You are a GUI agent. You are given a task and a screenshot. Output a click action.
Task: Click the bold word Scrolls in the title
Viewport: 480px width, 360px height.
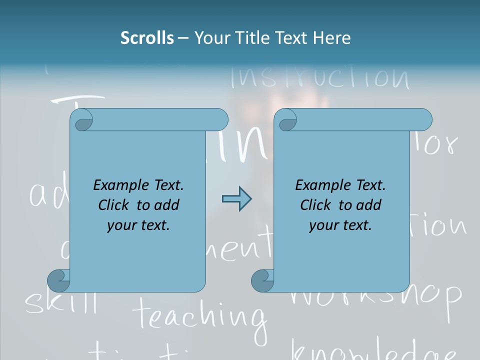(x=147, y=38)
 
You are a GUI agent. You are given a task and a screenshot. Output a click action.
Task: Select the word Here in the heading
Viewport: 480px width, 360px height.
(x=331, y=38)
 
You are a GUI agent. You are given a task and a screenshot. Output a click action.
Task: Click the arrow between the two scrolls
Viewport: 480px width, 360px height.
(x=236, y=199)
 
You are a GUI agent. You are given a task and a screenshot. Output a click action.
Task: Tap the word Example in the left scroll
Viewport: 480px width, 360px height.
(x=116, y=185)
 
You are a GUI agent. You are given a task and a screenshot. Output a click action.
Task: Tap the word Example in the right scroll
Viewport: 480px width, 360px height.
(x=318, y=185)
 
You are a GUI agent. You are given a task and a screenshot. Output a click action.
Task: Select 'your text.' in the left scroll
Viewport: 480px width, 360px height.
(x=138, y=225)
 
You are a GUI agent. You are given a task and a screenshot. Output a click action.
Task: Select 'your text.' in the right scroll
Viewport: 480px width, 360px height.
(x=340, y=225)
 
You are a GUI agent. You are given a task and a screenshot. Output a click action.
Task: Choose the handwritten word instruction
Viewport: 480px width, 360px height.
(x=320, y=77)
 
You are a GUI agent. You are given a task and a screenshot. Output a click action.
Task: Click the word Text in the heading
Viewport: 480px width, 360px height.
(x=291, y=38)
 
